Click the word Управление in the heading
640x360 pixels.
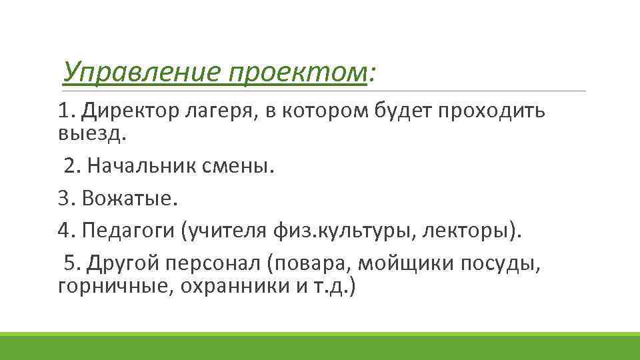141,71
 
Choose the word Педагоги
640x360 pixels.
127,231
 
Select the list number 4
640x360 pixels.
64,230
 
